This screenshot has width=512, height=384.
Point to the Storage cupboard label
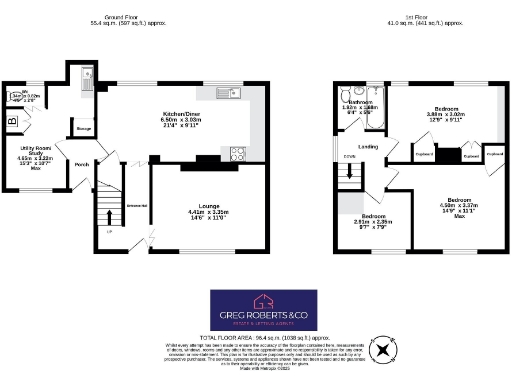(84, 127)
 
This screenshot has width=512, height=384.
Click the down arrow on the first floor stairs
(349, 172)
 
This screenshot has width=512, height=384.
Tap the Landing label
(368, 147)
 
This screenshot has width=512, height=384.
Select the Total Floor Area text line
(256, 338)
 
